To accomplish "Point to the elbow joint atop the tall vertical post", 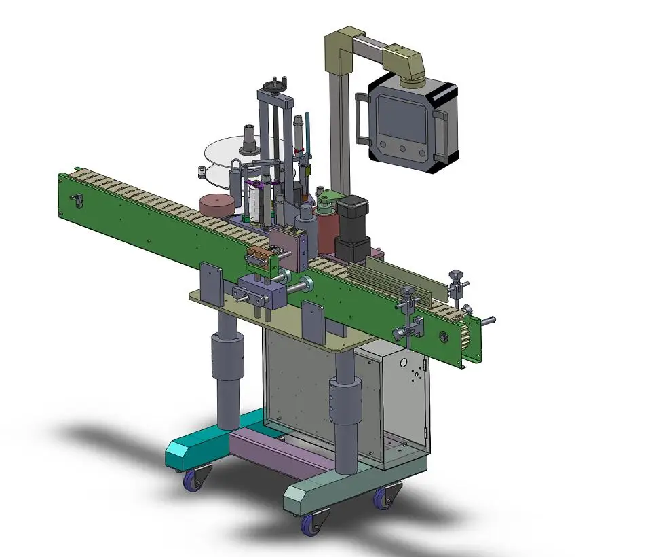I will (x=339, y=45).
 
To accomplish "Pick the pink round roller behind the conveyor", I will (x=217, y=205).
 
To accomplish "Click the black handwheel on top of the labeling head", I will (x=275, y=86).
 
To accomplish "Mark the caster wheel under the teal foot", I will (x=195, y=481).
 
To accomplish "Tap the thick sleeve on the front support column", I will (x=345, y=401).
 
